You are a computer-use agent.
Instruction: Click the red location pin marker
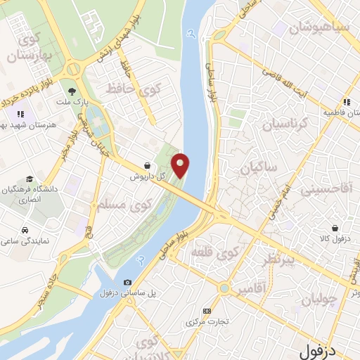coord(181,165)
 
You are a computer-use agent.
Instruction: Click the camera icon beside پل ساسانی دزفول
coord(127,283)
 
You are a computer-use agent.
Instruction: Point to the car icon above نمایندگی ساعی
coord(25,230)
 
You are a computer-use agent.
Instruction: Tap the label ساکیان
coord(259,168)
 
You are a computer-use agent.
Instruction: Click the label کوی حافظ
coord(131,89)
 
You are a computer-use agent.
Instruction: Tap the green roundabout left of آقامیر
coord(224,288)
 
